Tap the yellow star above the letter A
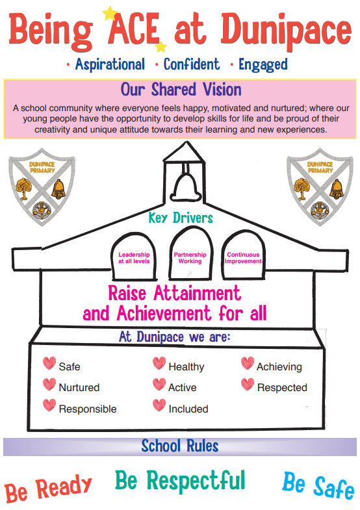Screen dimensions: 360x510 click(x=110, y=13)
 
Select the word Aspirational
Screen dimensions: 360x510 click(x=110, y=64)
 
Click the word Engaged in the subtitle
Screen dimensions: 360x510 click(x=263, y=65)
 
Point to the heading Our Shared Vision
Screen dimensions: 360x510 click(x=181, y=90)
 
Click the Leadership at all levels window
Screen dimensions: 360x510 click(x=134, y=257)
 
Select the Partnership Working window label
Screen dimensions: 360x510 click(x=190, y=258)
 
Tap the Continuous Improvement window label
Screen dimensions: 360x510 click(x=243, y=258)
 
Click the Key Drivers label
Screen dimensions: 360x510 click(x=181, y=218)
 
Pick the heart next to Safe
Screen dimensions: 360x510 click(x=49, y=363)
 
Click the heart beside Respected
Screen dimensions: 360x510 click(x=248, y=384)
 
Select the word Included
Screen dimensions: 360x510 click(x=188, y=409)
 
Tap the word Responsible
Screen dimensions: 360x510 click(x=88, y=409)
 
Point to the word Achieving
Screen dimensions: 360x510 click(x=279, y=367)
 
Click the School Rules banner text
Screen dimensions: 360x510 click(x=180, y=446)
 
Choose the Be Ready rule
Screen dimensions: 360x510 click(x=48, y=489)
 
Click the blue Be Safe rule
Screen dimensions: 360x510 click(x=318, y=485)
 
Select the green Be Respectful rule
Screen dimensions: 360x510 click(x=180, y=480)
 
